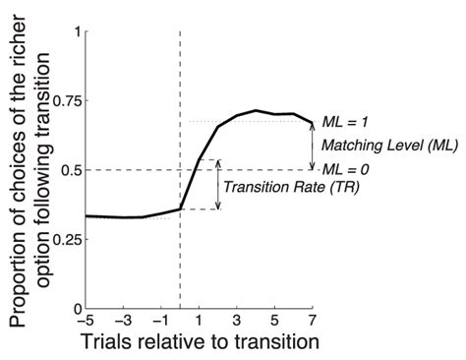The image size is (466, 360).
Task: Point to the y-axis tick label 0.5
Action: click(x=69, y=169)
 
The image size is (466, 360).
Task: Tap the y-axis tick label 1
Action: click(x=77, y=31)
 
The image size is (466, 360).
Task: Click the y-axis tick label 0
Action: click(x=77, y=308)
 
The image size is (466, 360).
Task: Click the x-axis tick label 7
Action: click(x=313, y=322)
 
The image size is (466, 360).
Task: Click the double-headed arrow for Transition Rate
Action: click(x=218, y=184)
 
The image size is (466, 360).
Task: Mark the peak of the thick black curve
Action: click(x=256, y=110)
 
